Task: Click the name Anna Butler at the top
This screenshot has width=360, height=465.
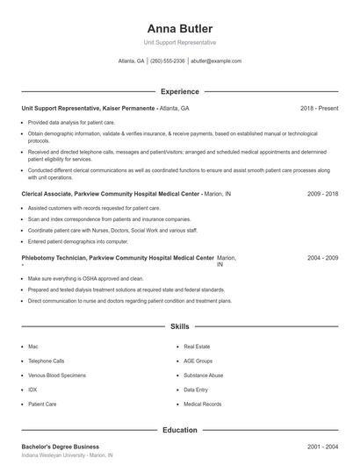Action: coord(179,28)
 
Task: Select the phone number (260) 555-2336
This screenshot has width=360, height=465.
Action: coord(168,61)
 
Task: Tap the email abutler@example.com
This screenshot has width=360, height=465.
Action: coord(215,61)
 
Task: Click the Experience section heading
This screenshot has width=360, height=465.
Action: coord(179,91)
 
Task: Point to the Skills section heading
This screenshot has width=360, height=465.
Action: coord(179,326)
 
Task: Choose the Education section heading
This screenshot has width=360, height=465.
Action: coord(179,430)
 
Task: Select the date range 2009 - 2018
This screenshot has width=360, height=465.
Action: coord(323,193)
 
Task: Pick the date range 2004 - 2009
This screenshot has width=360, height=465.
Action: coord(323,259)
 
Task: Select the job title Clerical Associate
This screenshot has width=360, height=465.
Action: coord(52,193)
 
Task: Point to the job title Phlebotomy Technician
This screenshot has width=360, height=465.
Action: coord(58,259)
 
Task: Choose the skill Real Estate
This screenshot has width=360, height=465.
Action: coord(197,347)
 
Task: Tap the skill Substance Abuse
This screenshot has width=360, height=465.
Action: coord(204,375)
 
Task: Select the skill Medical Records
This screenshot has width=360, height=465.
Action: coord(203,404)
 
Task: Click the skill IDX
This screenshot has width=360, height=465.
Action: coord(33,389)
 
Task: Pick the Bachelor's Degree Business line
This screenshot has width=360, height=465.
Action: coord(60,447)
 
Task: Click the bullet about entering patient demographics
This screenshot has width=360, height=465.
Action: coord(77,240)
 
